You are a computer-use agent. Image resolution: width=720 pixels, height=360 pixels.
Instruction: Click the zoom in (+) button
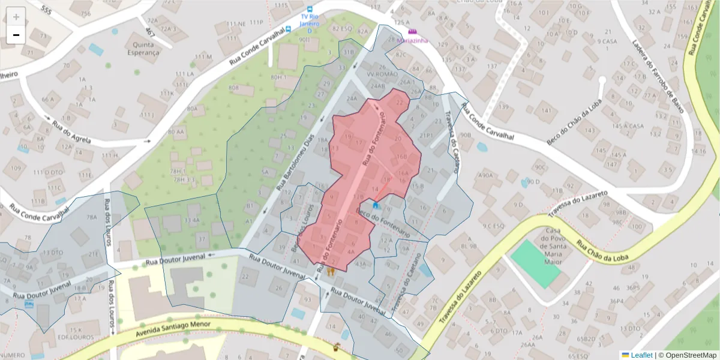tap(16, 17)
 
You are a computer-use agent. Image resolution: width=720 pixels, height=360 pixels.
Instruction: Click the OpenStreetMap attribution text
tap(687, 355)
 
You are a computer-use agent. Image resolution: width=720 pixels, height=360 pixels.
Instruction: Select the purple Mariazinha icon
tap(412, 31)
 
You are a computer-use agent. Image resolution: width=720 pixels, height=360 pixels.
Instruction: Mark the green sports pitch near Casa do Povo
tap(536, 263)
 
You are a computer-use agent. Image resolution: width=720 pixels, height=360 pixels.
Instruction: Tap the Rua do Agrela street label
tap(71, 133)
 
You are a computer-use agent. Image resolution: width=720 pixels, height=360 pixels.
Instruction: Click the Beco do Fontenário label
tap(383, 220)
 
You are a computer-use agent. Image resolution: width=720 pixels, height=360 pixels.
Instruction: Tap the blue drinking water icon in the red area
tap(376, 205)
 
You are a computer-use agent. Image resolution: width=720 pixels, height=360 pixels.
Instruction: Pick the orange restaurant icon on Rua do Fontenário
tap(331, 271)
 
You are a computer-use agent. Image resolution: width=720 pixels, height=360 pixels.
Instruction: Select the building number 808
tap(233, 88)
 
